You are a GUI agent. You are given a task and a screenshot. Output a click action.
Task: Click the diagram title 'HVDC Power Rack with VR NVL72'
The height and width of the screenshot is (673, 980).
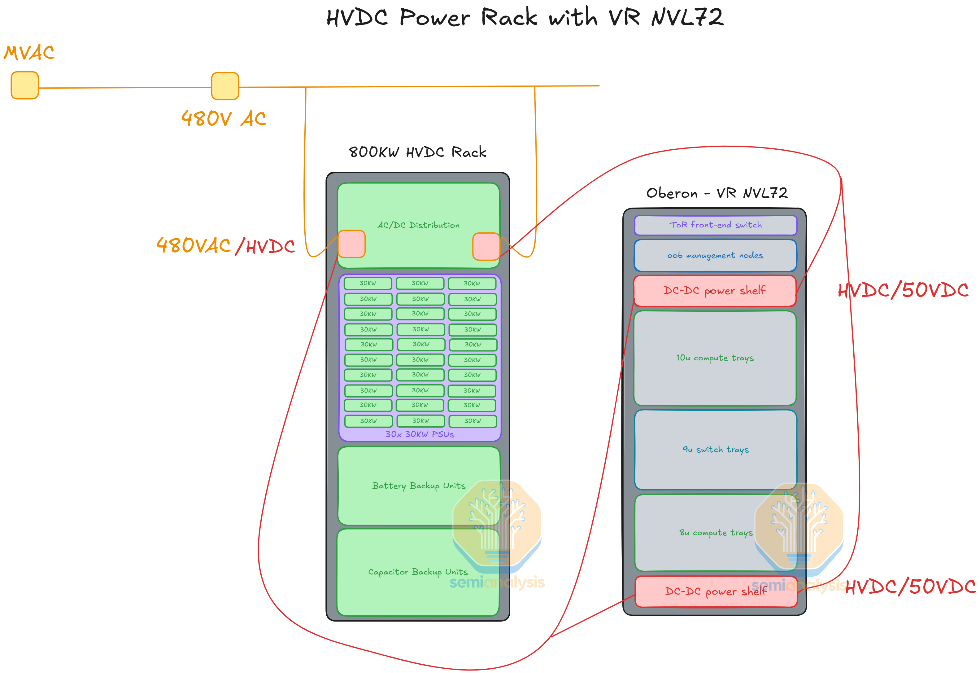pyautogui.click(x=525, y=18)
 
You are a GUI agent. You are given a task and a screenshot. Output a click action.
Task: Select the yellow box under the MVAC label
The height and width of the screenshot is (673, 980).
pyautogui.click(x=25, y=85)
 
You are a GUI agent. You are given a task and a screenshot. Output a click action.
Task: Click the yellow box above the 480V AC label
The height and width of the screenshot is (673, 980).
pyautogui.click(x=225, y=86)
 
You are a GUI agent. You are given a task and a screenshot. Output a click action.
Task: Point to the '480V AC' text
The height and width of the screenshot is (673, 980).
pyautogui.click(x=224, y=119)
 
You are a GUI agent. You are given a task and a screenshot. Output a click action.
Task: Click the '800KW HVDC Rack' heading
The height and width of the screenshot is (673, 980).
pyautogui.click(x=417, y=152)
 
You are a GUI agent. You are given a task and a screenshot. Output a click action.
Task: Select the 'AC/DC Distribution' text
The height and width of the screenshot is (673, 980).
pyautogui.click(x=418, y=225)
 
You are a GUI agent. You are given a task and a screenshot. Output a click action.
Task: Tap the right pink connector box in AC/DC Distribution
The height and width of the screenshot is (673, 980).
pyautogui.click(x=486, y=246)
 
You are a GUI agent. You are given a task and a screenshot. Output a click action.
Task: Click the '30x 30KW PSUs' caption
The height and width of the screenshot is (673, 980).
pyautogui.click(x=420, y=434)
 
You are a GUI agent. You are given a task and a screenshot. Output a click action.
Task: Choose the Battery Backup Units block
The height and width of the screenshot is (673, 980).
pyautogui.click(x=419, y=486)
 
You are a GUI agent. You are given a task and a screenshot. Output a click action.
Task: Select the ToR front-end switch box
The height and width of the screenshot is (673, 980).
pyautogui.click(x=716, y=225)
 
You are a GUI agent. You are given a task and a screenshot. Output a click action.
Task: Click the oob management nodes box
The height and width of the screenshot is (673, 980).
pyautogui.click(x=716, y=255)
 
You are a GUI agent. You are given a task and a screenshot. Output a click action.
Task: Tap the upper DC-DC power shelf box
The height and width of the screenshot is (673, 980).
pyautogui.click(x=715, y=291)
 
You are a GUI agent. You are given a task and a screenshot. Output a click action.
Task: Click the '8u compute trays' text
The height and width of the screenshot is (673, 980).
pyautogui.click(x=716, y=533)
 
